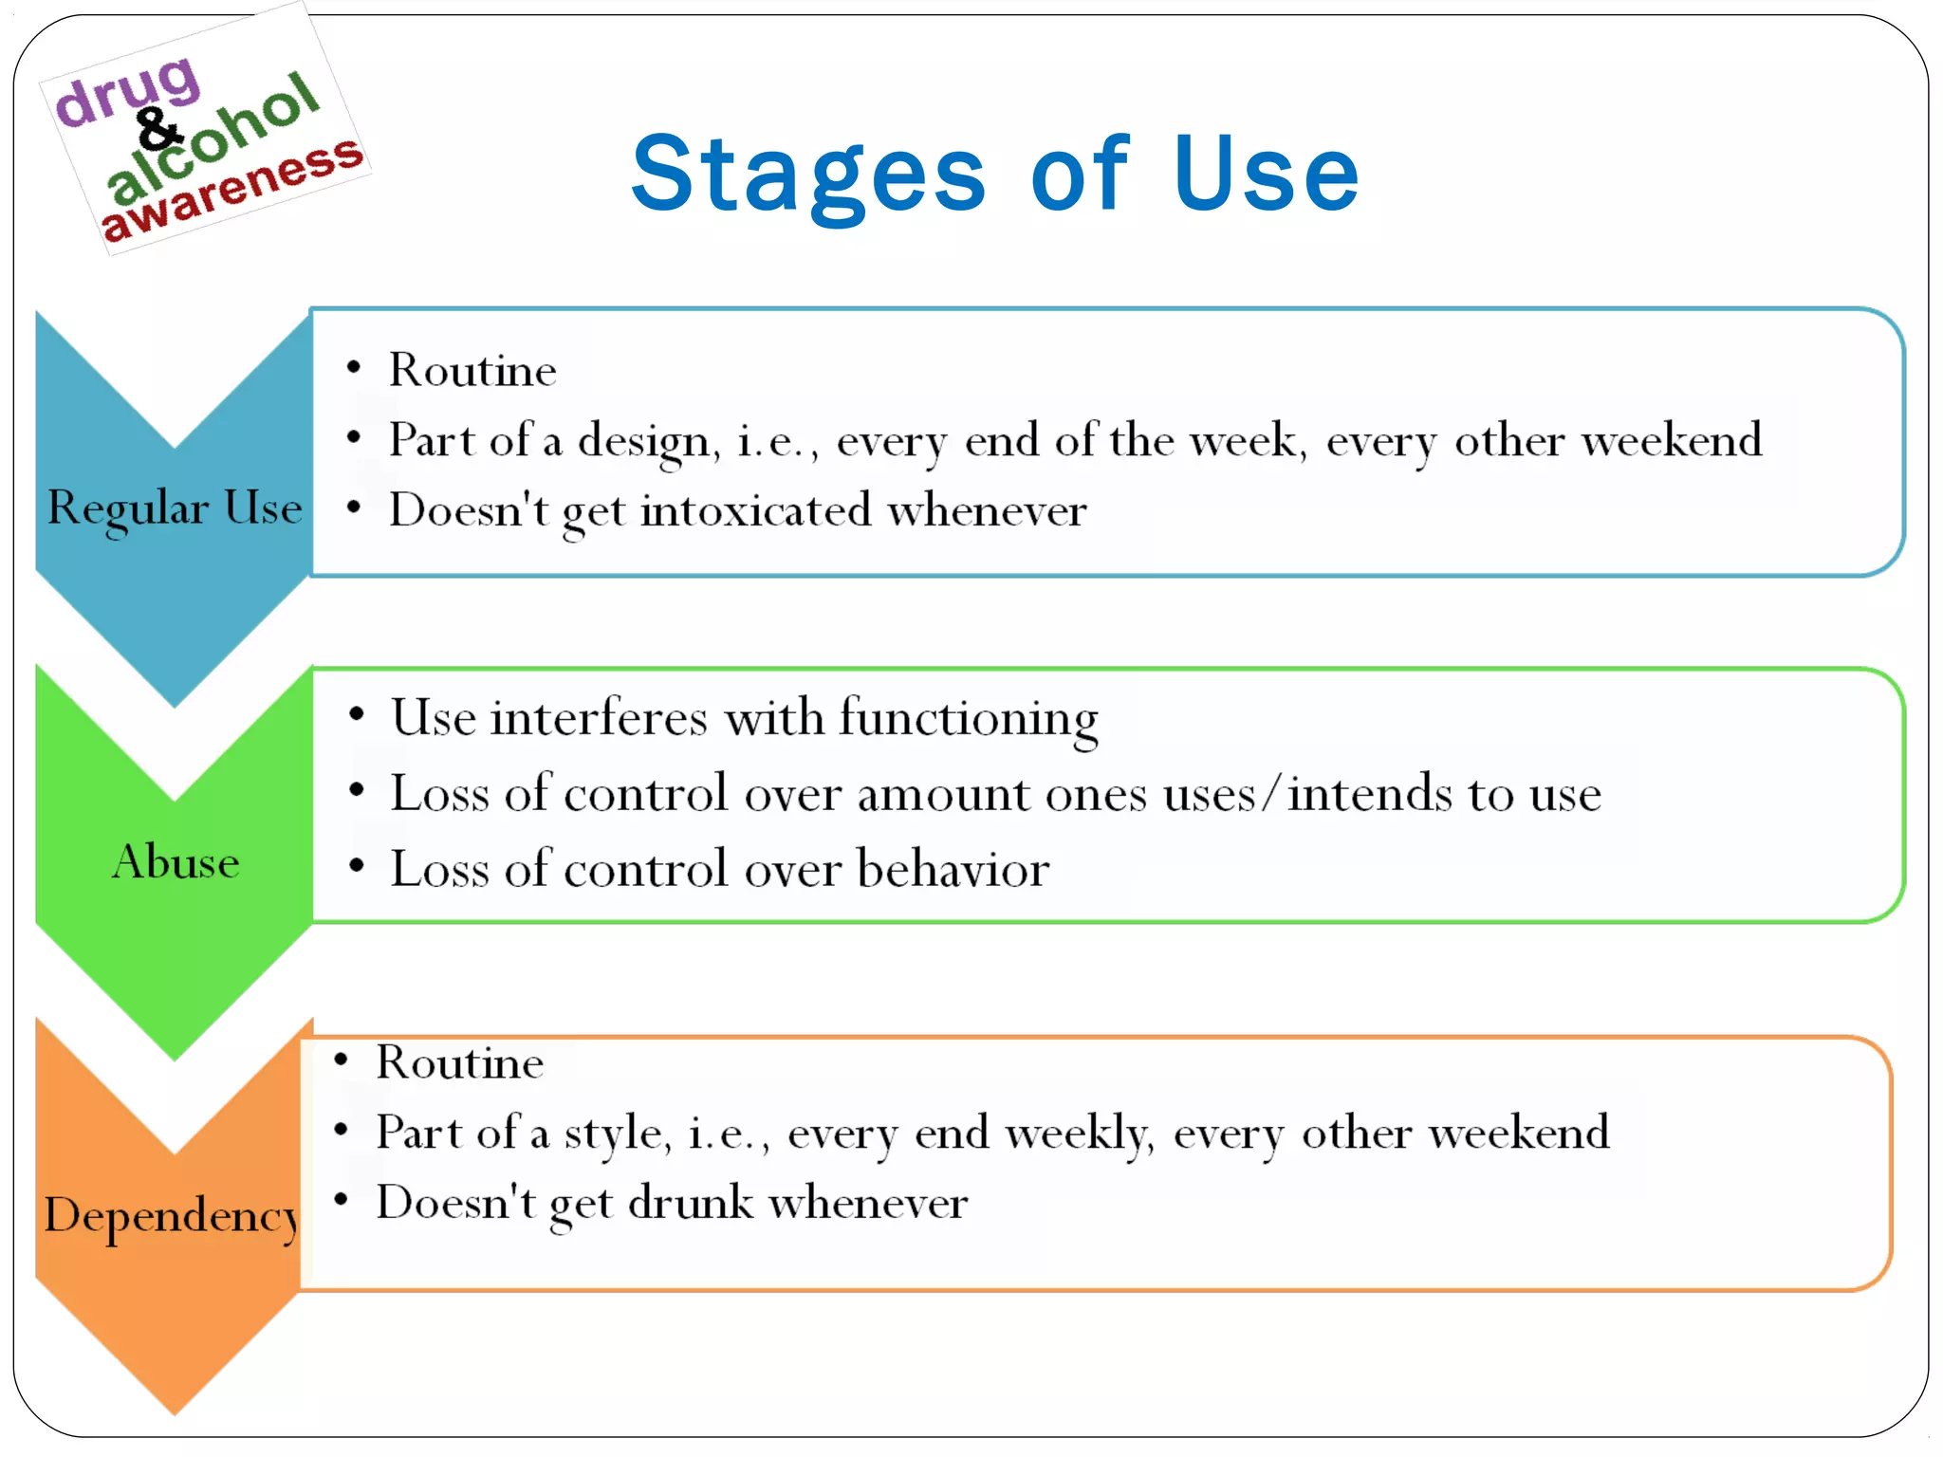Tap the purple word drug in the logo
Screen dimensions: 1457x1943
pyautogui.click(x=128, y=90)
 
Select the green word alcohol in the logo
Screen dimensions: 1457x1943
pyautogui.click(x=213, y=138)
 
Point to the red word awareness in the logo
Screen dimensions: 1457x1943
pyautogui.click(x=232, y=190)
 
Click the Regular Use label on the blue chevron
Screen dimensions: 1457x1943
pyautogui.click(x=175, y=507)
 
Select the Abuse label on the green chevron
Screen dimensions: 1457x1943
pyautogui.click(x=176, y=861)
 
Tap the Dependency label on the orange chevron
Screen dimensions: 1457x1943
pyautogui.click(x=172, y=1215)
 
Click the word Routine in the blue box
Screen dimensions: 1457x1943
pyautogui.click(x=472, y=369)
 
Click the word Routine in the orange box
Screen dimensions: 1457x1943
pyautogui.click(x=460, y=1061)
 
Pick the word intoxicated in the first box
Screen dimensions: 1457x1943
pyautogui.click(x=755, y=510)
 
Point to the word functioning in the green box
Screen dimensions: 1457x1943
pyautogui.click(x=969, y=717)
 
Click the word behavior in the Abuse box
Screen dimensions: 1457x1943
pyautogui.click(x=953, y=869)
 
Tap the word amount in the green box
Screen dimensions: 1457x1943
pyautogui.click(x=943, y=793)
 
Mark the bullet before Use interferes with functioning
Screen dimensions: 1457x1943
pyautogui.click(x=357, y=714)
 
